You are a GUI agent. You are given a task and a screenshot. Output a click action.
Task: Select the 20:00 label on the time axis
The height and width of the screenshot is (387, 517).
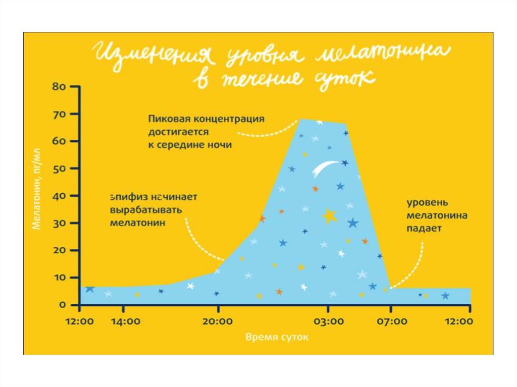[218, 320]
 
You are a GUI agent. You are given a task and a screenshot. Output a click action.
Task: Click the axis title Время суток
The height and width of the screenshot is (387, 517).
[276, 337]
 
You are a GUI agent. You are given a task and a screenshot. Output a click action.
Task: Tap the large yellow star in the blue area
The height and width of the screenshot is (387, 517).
[330, 216]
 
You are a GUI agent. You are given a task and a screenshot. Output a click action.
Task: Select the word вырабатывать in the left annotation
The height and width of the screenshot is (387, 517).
[142, 209]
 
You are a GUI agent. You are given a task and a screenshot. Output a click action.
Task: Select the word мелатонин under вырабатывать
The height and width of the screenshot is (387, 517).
[137, 222]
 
